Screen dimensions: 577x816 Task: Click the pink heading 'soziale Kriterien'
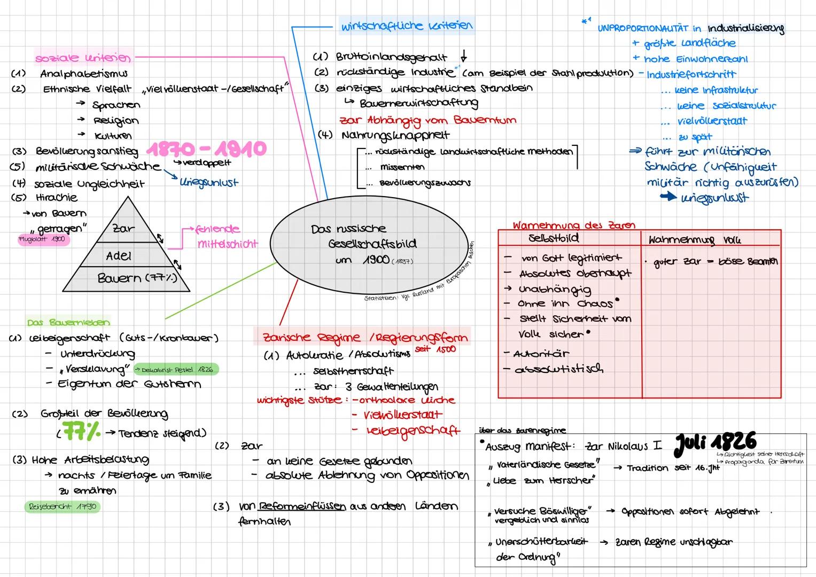pyautogui.click(x=82, y=57)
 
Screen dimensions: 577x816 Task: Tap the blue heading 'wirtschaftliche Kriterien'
pyautogui.click(x=406, y=25)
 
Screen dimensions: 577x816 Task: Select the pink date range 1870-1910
pyautogui.click(x=206, y=148)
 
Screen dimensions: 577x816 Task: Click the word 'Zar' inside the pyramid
pyautogui.click(x=123, y=228)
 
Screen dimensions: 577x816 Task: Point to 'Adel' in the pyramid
pyautogui.click(x=119, y=256)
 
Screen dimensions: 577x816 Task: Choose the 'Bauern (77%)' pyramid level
pyautogui.click(x=137, y=278)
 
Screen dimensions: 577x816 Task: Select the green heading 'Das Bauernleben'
pyautogui.click(x=68, y=322)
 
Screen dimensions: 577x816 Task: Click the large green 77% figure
pyautogui.click(x=81, y=432)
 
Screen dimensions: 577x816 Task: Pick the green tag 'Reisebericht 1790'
pyautogui.click(x=62, y=506)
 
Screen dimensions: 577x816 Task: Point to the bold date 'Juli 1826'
pyautogui.click(x=716, y=442)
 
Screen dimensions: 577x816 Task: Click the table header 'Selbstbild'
pyautogui.click(x=553, y=238)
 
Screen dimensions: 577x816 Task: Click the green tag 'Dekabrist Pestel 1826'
pyautogui.click(x=176, y=369)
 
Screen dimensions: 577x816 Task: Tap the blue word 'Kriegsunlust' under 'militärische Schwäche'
pyautogui.click(x=209, y=183)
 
